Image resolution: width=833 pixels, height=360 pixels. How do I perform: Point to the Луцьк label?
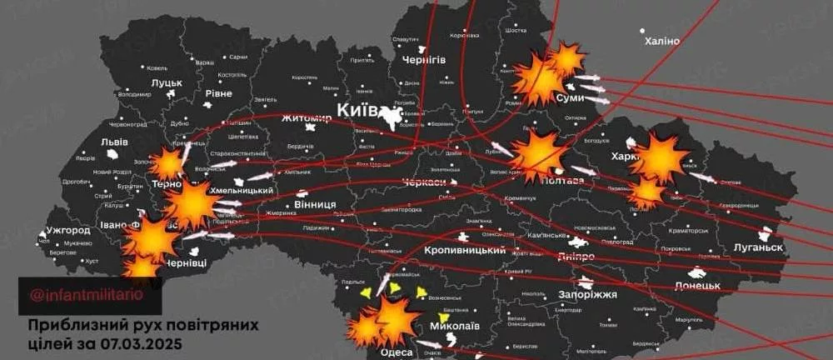tap(167, 82)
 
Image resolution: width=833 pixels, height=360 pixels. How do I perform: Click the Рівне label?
tap(218, 93)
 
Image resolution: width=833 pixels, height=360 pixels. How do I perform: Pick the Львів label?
tap(114, 142)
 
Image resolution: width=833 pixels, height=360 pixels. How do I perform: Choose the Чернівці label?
tap(186, 262)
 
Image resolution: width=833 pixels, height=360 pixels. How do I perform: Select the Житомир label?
tap(307, 119)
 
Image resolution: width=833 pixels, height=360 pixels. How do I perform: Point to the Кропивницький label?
tap(465, 250)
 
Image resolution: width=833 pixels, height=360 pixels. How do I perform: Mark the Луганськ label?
tap(758, 247)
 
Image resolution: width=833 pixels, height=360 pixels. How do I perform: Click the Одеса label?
tap(397, 352)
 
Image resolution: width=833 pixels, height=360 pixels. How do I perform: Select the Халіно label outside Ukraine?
tap(661, 42)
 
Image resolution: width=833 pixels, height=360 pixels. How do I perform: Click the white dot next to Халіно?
tap(643, 31)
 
